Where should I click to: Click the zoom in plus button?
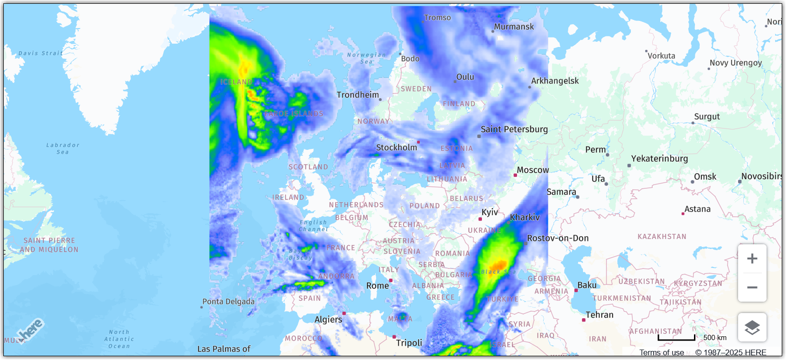(752, 258)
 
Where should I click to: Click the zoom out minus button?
(752, 287)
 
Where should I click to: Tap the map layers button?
(752, 327)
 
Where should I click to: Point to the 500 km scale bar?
(676, 338)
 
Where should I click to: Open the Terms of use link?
(661, 352)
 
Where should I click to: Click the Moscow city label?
(533, 170)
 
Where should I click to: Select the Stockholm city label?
(397, 148)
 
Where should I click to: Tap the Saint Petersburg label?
(514, 129)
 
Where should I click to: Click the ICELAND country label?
(236, 82)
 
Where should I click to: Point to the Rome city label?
(378, 286)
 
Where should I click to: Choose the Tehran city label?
(599, 315)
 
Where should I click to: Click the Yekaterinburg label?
(659, 158)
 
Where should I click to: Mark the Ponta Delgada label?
(229, 302)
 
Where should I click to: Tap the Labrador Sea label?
(63, 148)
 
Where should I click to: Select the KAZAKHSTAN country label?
(662, 237)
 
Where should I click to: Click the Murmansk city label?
(514, 27)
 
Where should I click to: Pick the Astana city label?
(697, 209)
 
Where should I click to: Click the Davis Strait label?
(41, 53)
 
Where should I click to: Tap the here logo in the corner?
(31, 329)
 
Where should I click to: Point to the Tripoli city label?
(409, 343)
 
